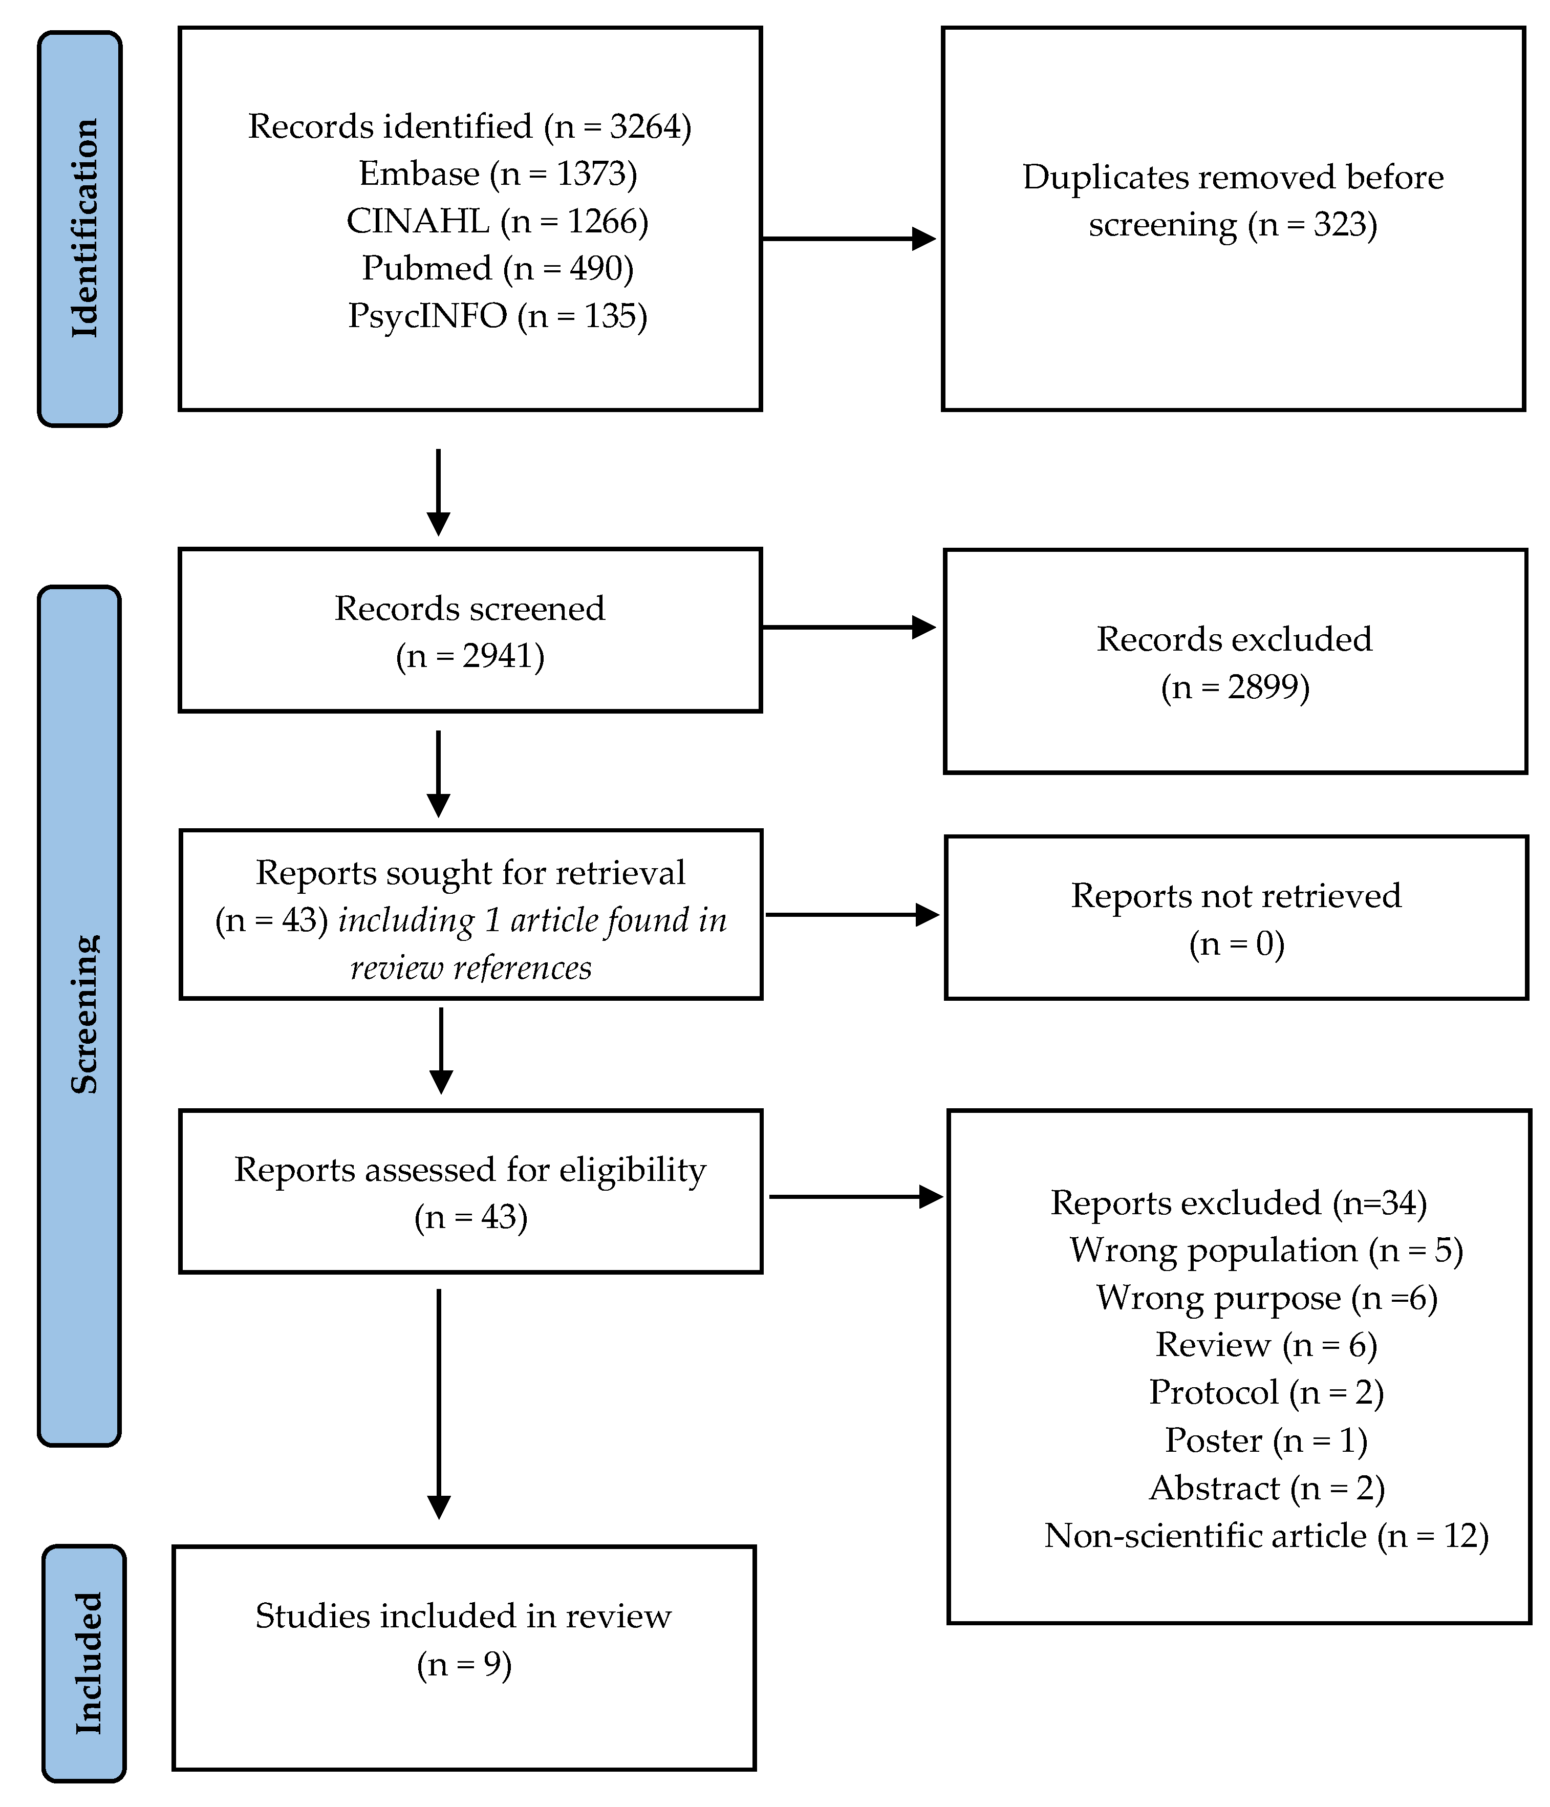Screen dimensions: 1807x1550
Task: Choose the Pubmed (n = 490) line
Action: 497,268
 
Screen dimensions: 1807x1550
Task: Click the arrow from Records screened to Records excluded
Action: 848,627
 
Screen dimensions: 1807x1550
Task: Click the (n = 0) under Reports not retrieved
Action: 1236,943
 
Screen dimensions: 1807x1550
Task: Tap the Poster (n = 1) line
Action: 1265,1440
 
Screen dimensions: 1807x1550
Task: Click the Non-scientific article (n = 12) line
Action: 1265,1535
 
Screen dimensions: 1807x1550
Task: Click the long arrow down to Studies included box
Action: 439,1404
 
